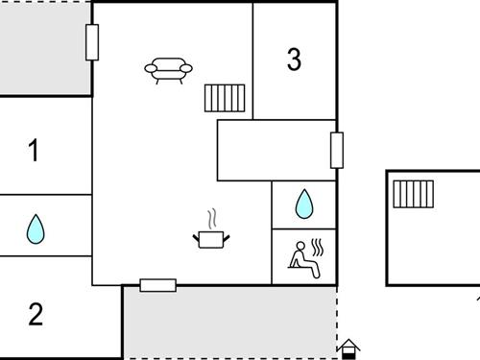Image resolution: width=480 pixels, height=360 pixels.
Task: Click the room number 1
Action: pos(35,151)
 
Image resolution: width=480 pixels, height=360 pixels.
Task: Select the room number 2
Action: pos(36,315)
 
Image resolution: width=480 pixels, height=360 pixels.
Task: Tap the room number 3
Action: pos(294,60)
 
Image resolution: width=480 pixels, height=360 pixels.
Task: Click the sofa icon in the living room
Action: pos(168,70)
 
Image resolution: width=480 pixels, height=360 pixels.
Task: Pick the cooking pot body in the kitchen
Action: pos(211,238)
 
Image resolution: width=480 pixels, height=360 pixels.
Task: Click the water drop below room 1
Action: pos(36,228)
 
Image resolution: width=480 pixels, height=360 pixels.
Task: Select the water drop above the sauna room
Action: pos(303,204)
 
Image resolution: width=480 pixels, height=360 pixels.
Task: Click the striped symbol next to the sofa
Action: pos(225,98)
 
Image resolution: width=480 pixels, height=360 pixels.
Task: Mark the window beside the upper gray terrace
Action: pos(92,42)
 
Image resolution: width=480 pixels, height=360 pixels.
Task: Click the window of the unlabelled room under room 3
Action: pos(337,150)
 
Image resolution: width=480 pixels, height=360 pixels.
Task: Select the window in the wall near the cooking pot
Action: pos(158,285)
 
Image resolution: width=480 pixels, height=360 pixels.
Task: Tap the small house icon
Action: pos(349,348)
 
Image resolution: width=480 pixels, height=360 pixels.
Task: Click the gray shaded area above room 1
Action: pos(44,48)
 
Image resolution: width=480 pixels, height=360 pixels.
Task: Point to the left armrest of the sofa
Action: pos(150,68)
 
